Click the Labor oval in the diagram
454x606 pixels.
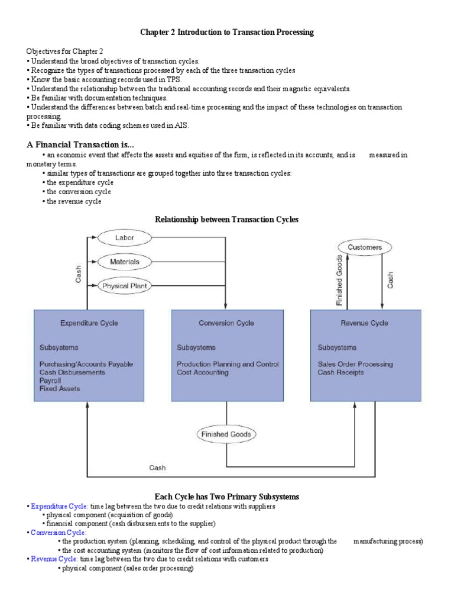tap(125, 238)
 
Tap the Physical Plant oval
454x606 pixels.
tap(125, 286)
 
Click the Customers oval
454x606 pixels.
tap(365, 247)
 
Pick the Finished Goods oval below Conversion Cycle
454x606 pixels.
tap(226, 434)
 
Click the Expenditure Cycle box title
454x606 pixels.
tap(89, 323)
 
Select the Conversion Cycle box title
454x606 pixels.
tap(226, 323)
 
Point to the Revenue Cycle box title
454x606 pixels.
tap(365, 323)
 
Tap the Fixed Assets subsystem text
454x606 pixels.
tap(60, 389)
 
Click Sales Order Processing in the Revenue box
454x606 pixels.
tap(355, 364)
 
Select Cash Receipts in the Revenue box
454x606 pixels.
tap(340, 372)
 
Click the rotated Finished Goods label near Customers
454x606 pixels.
tap(339, 280)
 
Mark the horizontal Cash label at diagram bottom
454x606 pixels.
tap(157, 468)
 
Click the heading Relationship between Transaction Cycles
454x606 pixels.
tap(226, 220)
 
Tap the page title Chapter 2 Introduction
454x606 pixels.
tap(226, 33)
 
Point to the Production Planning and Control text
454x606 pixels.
tap(228, 364)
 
